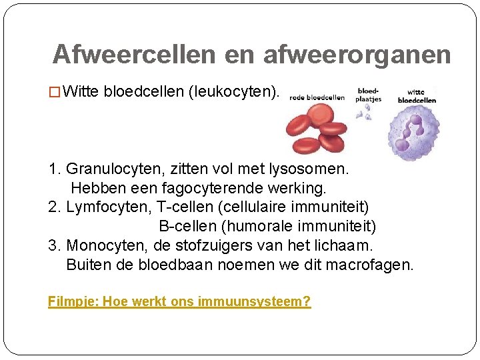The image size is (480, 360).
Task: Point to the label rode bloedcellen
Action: coord(317,97)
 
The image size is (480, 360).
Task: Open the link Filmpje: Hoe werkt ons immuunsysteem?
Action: coord(179,301)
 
